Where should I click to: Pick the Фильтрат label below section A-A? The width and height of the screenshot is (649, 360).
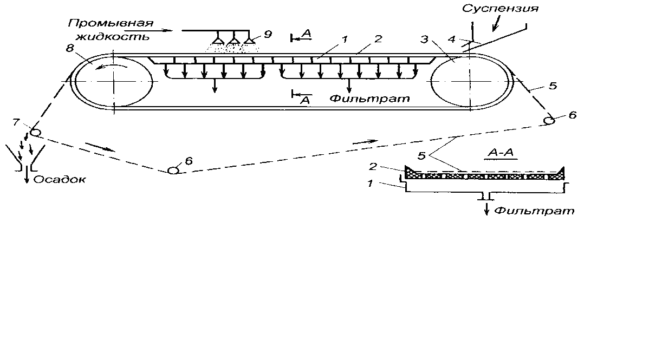[534, 210]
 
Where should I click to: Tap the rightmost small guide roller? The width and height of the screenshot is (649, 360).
[549, 120]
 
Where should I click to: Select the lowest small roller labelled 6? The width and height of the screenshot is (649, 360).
[173, 170]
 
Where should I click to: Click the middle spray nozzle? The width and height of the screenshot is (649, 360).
[234, 40]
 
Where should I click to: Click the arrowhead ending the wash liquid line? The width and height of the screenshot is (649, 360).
[177, 31]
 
